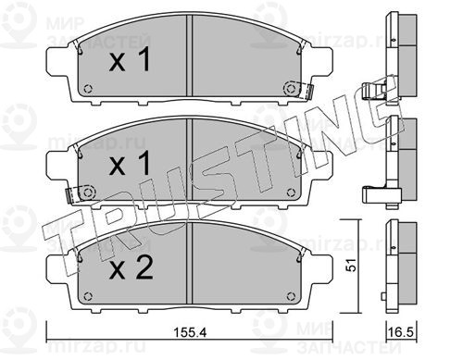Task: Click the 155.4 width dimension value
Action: [190, 332]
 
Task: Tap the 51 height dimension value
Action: [351, 266]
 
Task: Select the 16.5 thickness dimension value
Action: [401, 332]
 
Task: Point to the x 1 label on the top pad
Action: [130, 60]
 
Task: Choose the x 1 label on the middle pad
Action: [130, 163]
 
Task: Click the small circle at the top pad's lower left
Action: [88, 89]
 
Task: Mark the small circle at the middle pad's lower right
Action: [291, 192]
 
